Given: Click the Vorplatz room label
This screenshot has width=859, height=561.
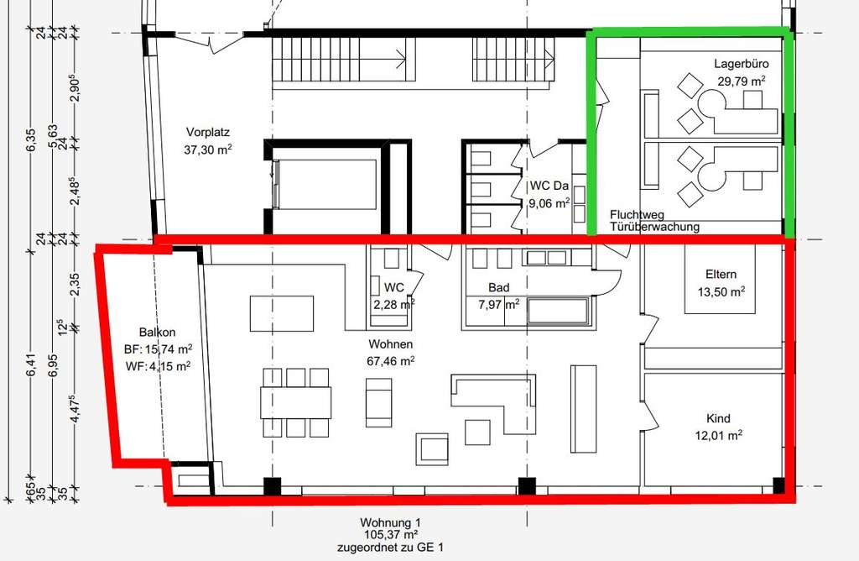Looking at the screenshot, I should point(209,133).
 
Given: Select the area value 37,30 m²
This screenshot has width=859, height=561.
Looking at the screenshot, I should point(209,149).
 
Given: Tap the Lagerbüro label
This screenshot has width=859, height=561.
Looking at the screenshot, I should point(742,64).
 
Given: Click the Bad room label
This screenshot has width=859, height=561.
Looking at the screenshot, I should point(498,287).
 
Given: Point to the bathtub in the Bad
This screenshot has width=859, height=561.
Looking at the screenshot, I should point(559,312).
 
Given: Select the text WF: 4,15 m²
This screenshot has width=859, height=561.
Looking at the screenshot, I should point(157,365).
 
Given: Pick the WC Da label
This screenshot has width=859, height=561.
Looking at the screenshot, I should point(549,185).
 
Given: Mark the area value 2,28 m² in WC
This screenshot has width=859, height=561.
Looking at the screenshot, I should point(394,304).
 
